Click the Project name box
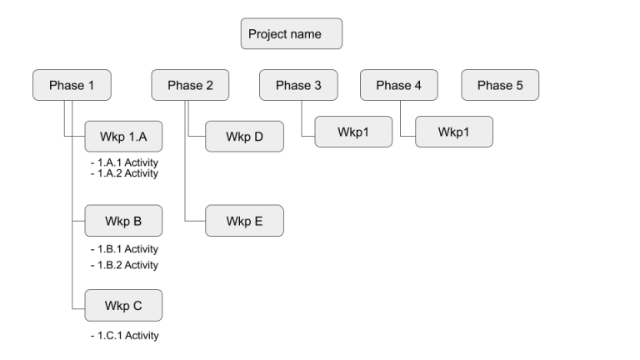coord(292,34)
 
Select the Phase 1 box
coord(72,85)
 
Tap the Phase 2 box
coord(191,85)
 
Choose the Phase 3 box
coord(298,85)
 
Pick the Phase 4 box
coord(399,85)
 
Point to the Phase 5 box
coord(500,85)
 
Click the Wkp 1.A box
coord(123,137)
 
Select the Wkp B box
coord(123,221)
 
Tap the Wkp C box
coord(123,306)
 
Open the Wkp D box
coord(244,137)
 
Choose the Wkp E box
coord(244,221)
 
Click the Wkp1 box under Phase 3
coord(353,132)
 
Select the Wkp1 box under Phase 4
coord(453,132)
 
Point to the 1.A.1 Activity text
coord(124,162)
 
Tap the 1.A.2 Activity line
coord(124,172)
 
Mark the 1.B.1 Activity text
coord(124,248)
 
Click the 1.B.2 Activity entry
coord(124,265)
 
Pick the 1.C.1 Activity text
coord(124,335)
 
